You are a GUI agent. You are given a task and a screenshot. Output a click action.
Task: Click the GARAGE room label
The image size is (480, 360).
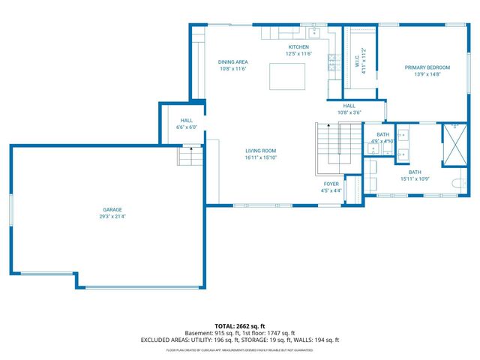pos(112,209)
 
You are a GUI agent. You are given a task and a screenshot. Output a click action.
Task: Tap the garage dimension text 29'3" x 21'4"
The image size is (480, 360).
pos(112,217)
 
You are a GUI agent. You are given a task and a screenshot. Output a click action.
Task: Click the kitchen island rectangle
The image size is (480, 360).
pos(287,76)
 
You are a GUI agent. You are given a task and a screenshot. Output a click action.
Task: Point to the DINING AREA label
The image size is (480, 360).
pos(233,61)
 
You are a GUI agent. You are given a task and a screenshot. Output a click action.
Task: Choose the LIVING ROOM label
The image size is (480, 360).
pos(261,151)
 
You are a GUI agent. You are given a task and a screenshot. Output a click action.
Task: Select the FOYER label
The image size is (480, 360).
pos(331,184)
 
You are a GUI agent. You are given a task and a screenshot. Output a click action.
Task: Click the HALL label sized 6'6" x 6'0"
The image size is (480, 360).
pos(187,120)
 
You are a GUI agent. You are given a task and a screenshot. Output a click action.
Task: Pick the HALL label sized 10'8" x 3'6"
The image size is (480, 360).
pos(349,106)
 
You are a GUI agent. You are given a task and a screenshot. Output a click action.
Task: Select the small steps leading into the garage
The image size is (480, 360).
pos(190,157)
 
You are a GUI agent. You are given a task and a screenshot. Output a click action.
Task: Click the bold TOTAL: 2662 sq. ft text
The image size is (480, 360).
pos(240,326)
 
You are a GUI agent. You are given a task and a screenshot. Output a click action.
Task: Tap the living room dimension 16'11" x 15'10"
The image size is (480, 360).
pos(261,158)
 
